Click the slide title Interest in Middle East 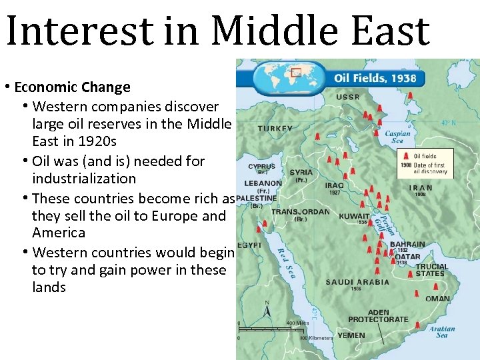pyautogui.click(x=217, y=32)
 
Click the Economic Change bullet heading pyautogui.click(x=72, y=87)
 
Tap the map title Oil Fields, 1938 pyautogui.click(x=375, y=78)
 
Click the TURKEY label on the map pyautogui.click(x=275, y=128)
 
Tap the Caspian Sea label pyautogui.click(x=398, y=137)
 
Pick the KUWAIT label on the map pyautogui.click(x=354, y=216)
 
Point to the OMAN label pyautogui.click(x=437, y=299)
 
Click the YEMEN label pyautogui.click(x=351, y=335)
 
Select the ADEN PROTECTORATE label pyautogui.click(x=378, y=316)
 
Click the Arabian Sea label pyautogui.click(x=442, y=331)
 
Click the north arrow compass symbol pyautogui.click(x=267, y=310)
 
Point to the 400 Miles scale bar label pyautogui.click(x=297, y=323)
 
